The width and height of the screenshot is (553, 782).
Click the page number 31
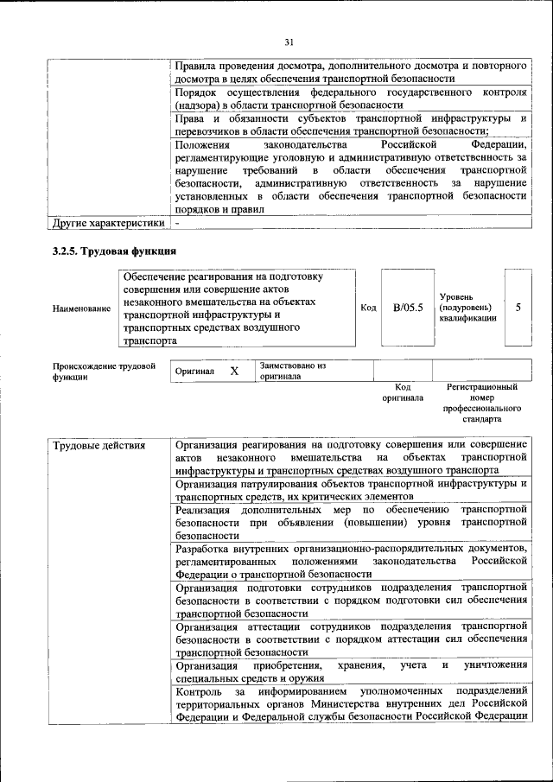tap(289, 41)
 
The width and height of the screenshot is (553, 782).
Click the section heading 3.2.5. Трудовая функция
tap(115, 251)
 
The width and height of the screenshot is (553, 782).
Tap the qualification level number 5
tap(518, 307)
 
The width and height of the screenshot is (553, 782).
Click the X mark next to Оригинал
tap(233, 371)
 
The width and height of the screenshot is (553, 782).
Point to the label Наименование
tap(81, 308)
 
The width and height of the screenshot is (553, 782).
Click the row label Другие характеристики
tap(108, 224)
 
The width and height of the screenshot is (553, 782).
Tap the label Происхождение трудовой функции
tap(104, 372)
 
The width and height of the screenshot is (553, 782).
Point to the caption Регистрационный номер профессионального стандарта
tap(481, 404)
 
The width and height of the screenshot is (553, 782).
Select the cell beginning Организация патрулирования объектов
tap(350, 490)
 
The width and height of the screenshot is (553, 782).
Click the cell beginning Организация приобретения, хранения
tap(350, 671)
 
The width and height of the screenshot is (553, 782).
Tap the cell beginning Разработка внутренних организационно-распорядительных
tap(350, 561)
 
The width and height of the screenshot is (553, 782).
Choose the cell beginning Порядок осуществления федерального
tap(350, 98)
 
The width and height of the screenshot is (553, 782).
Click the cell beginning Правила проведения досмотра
tap(350, 72)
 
